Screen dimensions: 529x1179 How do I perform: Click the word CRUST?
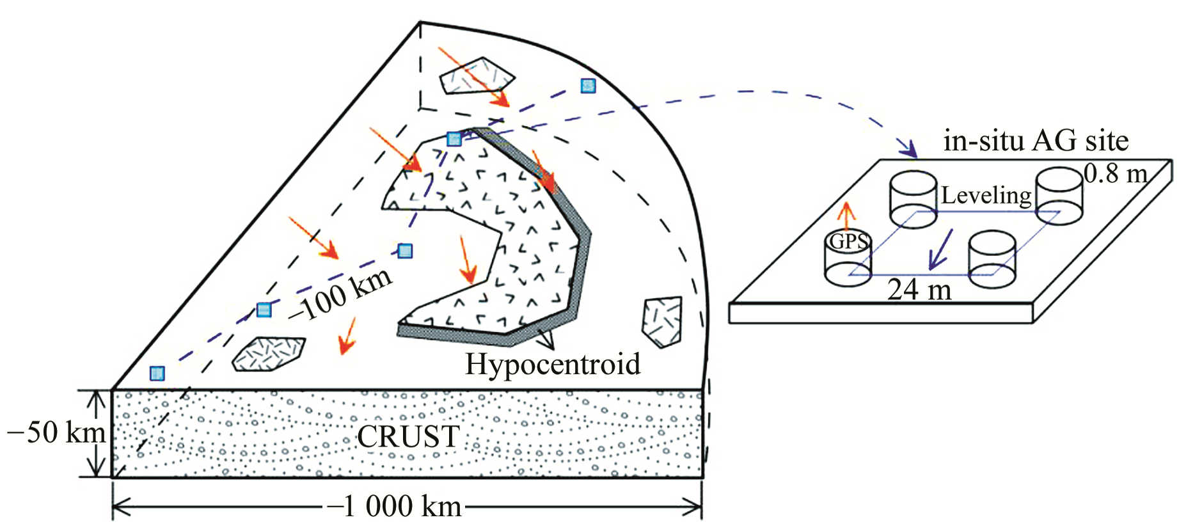(408, 437)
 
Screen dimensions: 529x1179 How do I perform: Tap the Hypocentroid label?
(552, 365)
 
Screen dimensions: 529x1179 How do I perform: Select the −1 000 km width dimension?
(395, 507)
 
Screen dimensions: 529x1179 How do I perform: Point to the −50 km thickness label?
(56, 433)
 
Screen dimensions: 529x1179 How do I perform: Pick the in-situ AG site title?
(1036, 141)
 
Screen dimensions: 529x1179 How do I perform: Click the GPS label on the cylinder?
(848, 242)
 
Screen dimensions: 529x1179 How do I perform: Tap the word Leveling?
(986, 195)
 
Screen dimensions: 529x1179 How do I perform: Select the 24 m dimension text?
(919, 290)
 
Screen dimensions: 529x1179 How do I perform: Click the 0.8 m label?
(1115, 173)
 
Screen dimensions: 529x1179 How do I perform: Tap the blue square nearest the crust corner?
(157, 373)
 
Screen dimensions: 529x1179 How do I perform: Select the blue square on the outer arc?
(588, 86)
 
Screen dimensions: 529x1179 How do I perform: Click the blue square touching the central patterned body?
(454, 139)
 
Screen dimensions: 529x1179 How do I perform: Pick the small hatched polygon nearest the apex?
(476, 75)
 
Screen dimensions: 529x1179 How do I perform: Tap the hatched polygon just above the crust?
(268, 354)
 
